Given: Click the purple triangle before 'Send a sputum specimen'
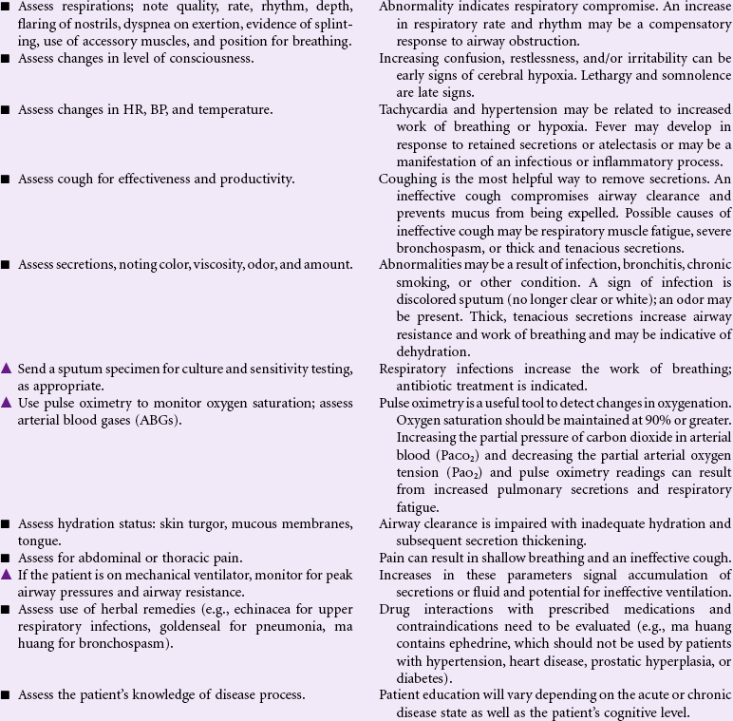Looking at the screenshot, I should tap(7, 369).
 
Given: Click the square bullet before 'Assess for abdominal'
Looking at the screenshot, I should tap(7, 559).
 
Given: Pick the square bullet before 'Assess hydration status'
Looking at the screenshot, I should tap(7, 524).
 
